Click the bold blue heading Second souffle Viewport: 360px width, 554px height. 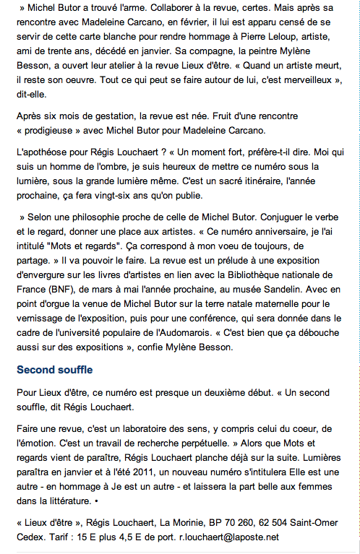[55, 370]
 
